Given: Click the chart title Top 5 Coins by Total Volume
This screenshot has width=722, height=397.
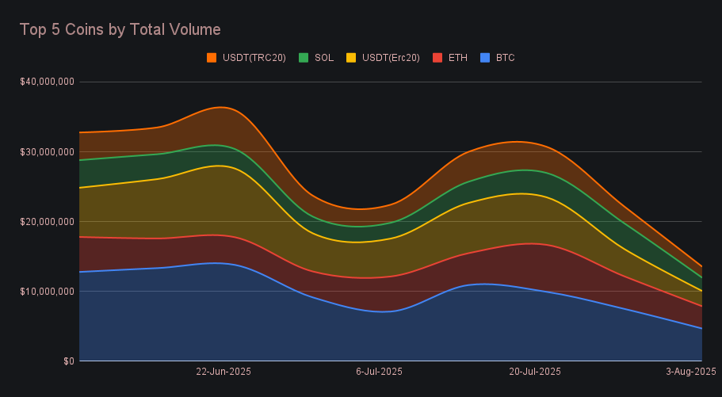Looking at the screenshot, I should point(120,29).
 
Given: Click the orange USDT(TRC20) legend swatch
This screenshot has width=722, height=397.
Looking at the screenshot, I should point(212,58).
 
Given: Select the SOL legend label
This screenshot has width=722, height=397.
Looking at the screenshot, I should point(323,58).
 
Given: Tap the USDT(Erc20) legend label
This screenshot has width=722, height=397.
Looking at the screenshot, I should point(391,58).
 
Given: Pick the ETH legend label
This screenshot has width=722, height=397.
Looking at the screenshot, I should point(457,58).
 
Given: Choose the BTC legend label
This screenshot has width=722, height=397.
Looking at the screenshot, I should point(506,58).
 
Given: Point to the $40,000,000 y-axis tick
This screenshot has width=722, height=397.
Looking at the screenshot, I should point(48,82).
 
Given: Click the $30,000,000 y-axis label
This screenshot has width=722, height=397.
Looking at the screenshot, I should point(48,151).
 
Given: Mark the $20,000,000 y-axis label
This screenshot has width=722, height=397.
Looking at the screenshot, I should point(48,221).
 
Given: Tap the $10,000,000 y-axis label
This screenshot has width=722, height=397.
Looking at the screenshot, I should point(48,291).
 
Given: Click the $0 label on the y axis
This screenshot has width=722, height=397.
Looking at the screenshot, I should point(69,361).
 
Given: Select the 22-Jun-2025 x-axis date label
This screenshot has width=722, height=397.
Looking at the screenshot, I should point(223,372).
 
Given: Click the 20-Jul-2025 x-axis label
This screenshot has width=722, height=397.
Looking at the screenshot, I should point(534,372).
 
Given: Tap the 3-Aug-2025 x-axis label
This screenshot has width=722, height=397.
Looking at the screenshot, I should point(690,372).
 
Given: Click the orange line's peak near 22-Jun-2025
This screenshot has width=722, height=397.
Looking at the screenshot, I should point(220,106).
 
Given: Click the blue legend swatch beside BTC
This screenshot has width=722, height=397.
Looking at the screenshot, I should point(485,58).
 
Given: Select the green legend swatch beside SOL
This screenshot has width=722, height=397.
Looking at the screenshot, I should point(304,58).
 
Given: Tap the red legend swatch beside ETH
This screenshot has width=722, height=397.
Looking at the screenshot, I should point(437,58).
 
